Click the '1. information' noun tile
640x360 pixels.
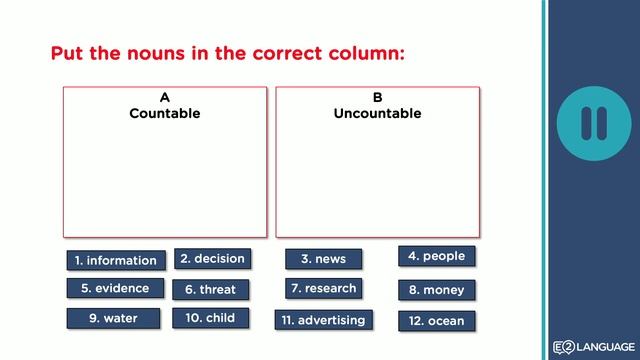point(116,260)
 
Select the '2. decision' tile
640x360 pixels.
point(212,258)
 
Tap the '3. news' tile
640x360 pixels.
point(323,259)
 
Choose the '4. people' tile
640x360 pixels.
point(436,256)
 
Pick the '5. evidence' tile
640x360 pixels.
point(116,288)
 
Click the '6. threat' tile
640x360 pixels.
point(211,289)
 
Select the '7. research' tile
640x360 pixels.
point(323,288)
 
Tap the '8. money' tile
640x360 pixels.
point(436,290)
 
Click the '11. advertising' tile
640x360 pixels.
point(323,320)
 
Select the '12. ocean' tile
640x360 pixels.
point(436,321)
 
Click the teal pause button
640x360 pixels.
point(593,122)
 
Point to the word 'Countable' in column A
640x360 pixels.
point(165,113)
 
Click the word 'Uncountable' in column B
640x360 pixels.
point(377,113)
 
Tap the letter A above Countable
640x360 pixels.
point(165,98)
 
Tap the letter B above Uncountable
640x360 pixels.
point(378,98)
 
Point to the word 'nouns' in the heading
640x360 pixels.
point(158,53)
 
